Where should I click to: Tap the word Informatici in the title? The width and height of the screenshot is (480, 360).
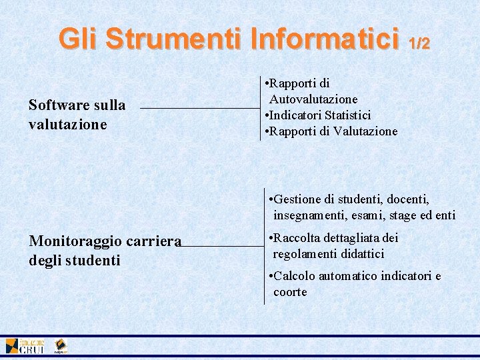(x=325, y=39)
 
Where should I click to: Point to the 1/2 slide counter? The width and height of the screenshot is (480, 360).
(x=419, y=43)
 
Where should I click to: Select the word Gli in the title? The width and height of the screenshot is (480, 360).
(x=79, y=39)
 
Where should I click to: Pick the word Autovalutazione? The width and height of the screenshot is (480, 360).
(x=313, y=99)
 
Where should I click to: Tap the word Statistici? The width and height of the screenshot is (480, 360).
(x=346, y=115)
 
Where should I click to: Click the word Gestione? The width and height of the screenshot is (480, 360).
(x=297, y=199)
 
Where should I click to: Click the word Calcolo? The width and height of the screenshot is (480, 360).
(x=294, y=276)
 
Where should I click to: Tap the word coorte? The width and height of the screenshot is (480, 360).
(x=290, y=292)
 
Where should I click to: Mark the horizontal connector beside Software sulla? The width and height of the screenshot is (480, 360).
(x=200, y=108)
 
